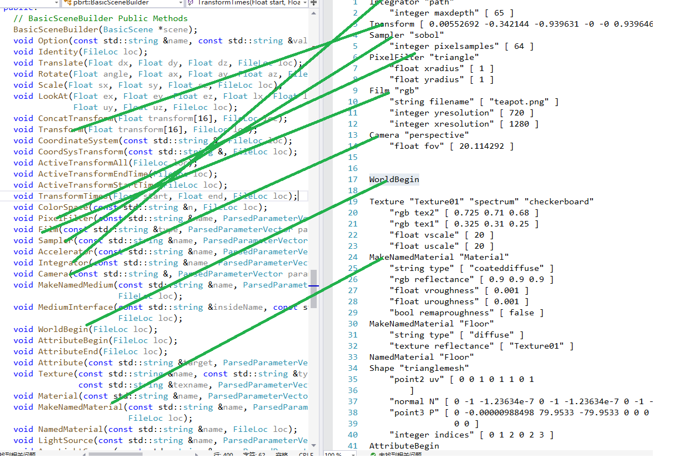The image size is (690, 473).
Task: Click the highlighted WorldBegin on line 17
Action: (x=394, y=179)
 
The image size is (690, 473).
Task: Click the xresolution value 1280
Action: (x=519, y=124)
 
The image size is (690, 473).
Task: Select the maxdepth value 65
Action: (x=502, y=13)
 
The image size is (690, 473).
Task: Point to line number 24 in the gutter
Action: (x=353, y=257)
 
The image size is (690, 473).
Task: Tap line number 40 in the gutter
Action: (x=353, y=435)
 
